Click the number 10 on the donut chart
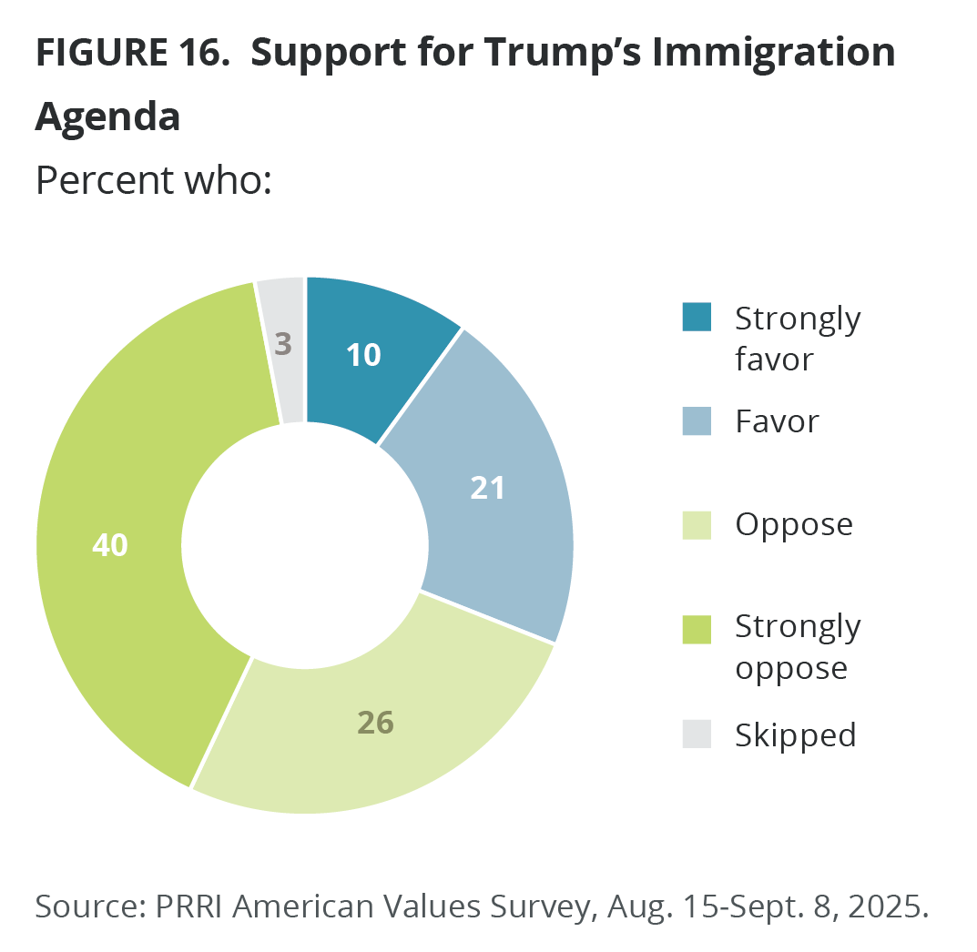point(363,355)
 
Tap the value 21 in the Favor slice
point(488,488)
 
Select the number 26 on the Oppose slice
point(374,723)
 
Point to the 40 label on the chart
point(110,545)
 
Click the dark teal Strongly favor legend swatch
point(697,318)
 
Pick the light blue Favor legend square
point(697,421)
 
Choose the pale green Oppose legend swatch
point(697,524)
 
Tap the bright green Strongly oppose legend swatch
point(697,628)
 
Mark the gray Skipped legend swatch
point(697,734)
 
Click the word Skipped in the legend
point(796,734)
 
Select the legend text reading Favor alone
point(777,421)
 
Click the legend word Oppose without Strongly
point(794,525)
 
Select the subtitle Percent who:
point(154,180)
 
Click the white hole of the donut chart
point(305,545)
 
